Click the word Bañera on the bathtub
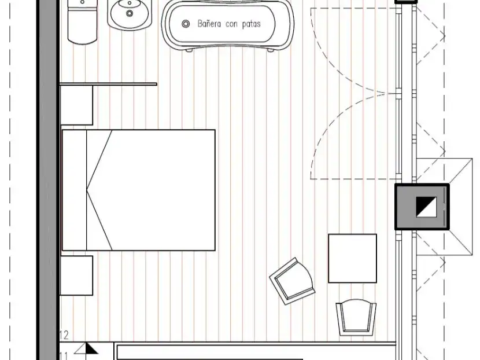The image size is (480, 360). (209, 24)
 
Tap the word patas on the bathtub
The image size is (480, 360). (252, 24)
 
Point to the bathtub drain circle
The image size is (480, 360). (186, 24)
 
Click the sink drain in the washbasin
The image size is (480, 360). (130, 13)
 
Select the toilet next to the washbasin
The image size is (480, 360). (82, 21)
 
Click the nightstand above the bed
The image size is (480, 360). (76, 105)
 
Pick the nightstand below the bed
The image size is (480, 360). (76, 275)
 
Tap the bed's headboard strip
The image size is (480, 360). (75, 190)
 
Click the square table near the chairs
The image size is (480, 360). (352, 258)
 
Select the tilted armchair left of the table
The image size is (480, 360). (292, 281)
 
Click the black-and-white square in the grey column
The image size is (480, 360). (426, 207)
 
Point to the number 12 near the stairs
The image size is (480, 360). (64, 335)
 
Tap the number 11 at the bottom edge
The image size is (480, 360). (64, 357)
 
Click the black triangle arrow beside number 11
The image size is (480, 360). (91, 348)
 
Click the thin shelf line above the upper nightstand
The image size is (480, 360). (108, 84)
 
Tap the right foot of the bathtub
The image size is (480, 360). (271, 50)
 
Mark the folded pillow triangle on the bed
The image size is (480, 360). (99, 190)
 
